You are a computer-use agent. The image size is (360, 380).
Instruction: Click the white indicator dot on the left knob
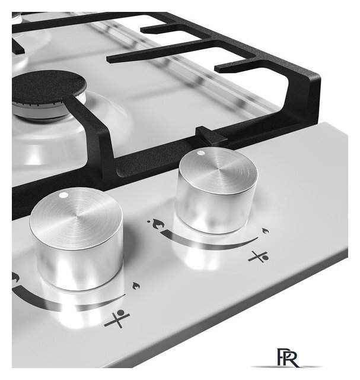click(63, 195)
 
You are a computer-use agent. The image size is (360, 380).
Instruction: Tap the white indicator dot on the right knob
click(200, 153)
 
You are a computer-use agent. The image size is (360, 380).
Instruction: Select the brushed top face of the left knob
click(76, 218)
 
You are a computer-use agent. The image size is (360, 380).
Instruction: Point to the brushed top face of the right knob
click(218, 170)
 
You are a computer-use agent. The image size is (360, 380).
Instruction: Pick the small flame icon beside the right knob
click(266, 231)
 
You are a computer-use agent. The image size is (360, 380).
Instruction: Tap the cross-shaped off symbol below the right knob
click(259, 257)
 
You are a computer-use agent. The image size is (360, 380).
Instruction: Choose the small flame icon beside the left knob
click(136, 286)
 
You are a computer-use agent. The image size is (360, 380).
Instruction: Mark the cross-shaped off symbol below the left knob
click(117, 318)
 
